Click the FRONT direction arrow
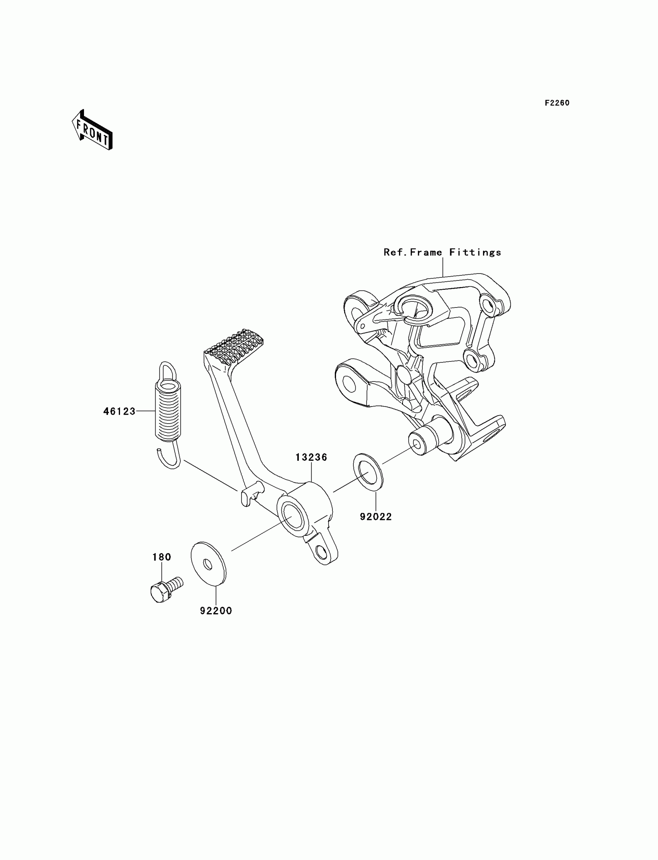click(x=92, y=130)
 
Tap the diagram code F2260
click(x=557, y=103)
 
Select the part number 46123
click(x=119, y=411)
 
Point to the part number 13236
click(x=311, y=457)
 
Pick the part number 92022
click(x=375, y=517)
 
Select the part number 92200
click(x=216, y=610)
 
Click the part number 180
click(x=162, y=557)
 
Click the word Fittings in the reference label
click(x=475, y=253)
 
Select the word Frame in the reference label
click(x=426, y=253)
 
